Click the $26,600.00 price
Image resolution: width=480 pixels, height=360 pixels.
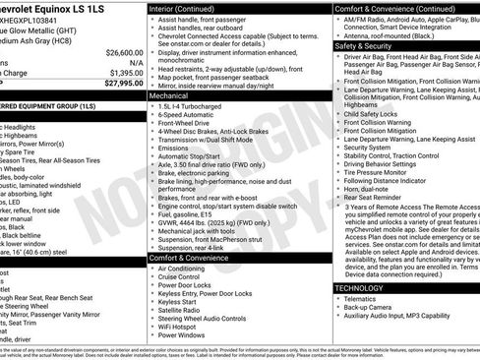tap(121, 51)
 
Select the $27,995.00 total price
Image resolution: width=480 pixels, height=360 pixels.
tap(120, 84)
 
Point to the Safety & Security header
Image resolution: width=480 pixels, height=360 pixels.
tap(362, 45)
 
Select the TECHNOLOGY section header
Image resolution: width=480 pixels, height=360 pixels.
tap(360, 286)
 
